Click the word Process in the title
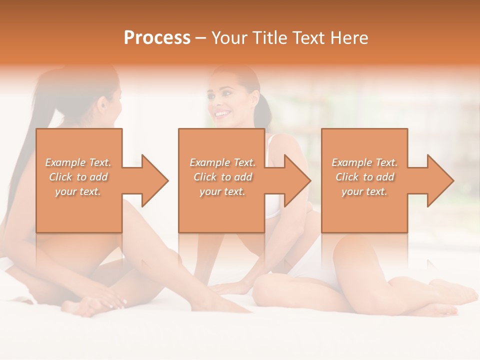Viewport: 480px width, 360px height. pyautogui.click(x=157, y=37)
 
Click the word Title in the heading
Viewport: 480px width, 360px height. pyautogui.click(x=269, y=37)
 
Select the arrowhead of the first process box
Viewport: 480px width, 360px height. pyautogui.click(x=152, y=180)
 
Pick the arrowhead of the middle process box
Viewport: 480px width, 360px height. pyautogui.click(x=295, y=180)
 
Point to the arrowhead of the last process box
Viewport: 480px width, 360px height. pyautogui.click(x=438, y=180)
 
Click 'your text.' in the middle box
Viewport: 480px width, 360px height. pyautogui.click(x=222, y=191)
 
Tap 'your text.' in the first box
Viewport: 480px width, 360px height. pyautogui.click(x=78, y=191)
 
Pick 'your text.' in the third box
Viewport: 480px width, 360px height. pyautogui.click(x=364, y=191)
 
